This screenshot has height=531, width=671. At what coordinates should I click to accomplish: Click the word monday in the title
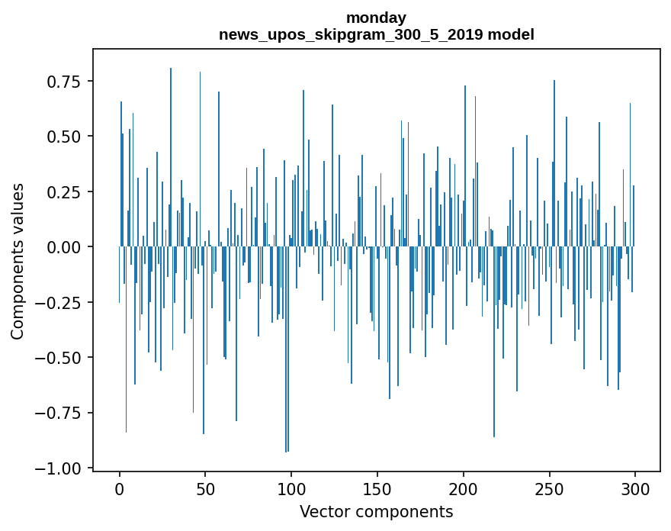[x=376, y=18]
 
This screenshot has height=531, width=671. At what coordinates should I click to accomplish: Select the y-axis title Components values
[x=18, y=261]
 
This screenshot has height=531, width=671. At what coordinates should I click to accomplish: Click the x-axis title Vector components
[x=376, y=512]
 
